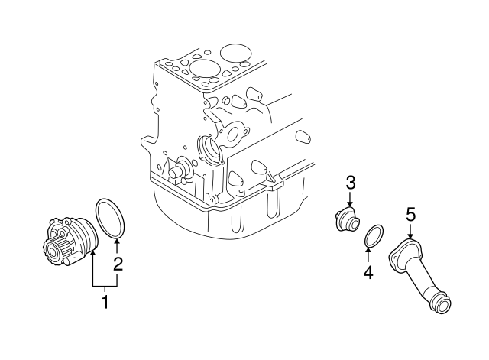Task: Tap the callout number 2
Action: [118, 264]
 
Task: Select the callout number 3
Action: [351, 182]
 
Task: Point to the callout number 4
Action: [368, 272]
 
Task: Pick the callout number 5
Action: [410, 216]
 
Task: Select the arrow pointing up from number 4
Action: [368, 254]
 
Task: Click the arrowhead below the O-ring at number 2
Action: [117, 243]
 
